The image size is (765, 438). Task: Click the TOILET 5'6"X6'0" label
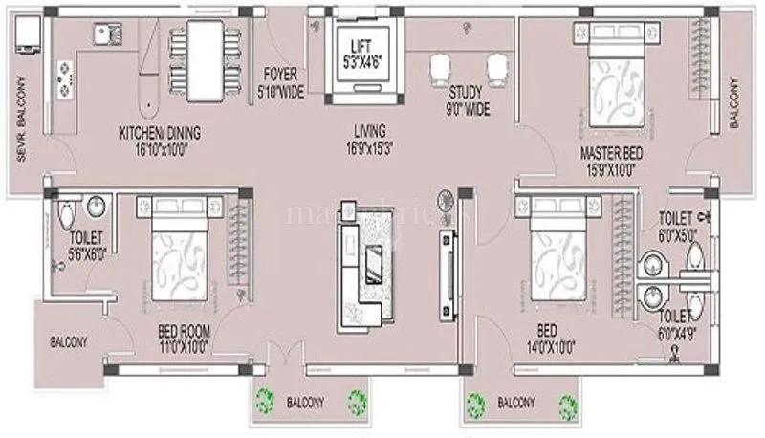pyautogui.click(x=84, y=246)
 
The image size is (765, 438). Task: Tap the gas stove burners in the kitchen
pyautogui.click(x=65, y=81)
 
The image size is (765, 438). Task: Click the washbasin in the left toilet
pyautogui.click(x=96, y=208)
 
